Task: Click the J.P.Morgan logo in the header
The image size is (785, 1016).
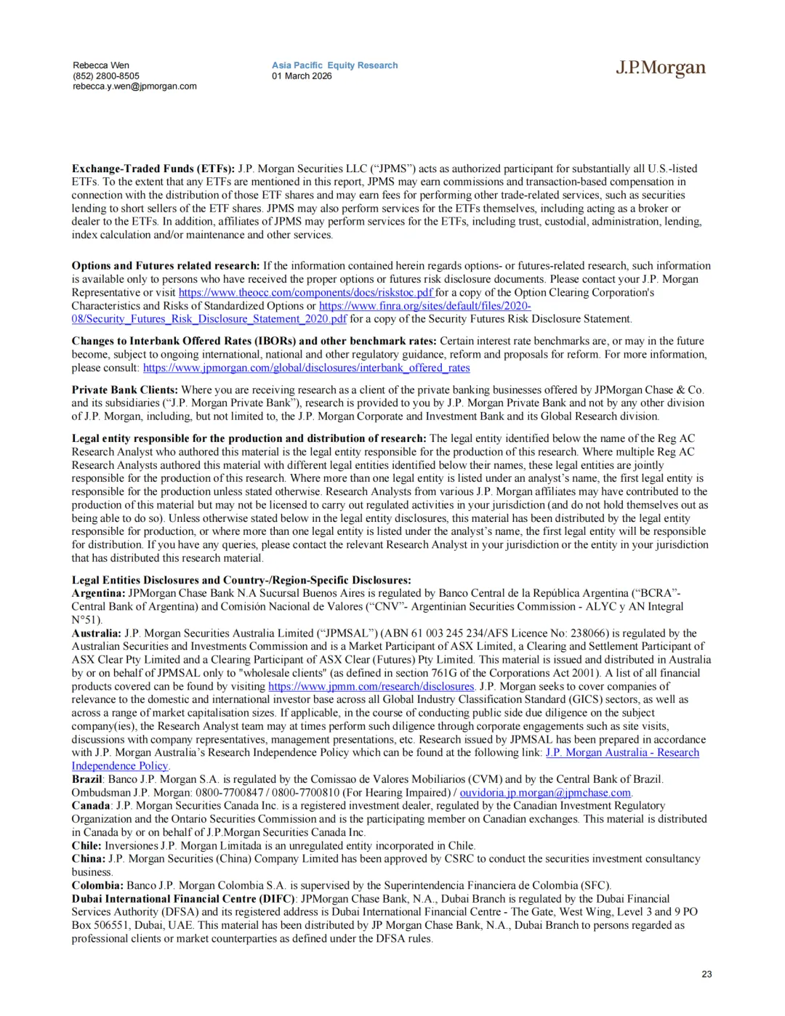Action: pos(660,68)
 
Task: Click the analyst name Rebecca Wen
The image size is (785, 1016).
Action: pos(101,65)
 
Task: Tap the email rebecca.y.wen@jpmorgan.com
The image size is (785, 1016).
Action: pos(134,86)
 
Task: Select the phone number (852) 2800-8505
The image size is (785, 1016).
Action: pos(106,76)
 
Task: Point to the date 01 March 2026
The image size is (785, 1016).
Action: pos(302,76)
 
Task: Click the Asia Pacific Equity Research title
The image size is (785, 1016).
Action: pos(334,65)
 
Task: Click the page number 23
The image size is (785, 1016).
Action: pos(706,974)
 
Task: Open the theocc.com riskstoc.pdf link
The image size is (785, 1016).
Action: pos(306,293)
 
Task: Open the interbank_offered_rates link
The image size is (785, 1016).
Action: pos(306,368)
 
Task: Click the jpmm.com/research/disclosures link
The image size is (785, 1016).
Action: pos(371,686)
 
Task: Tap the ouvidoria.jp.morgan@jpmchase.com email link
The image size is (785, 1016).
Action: pos(545,792)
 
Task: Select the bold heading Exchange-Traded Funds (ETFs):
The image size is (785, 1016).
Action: pos(153,169)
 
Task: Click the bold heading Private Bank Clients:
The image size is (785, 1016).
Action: pos(124,390)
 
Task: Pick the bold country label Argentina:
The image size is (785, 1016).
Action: pos(98,593)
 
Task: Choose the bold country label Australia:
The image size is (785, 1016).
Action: pos(97,633)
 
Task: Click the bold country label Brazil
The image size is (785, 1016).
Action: pos(86,779)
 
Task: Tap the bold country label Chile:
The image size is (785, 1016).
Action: pos(86,845)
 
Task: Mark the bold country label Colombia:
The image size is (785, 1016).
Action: pos(97,885)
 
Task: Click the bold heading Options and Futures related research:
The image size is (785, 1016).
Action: pos(165,266)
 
